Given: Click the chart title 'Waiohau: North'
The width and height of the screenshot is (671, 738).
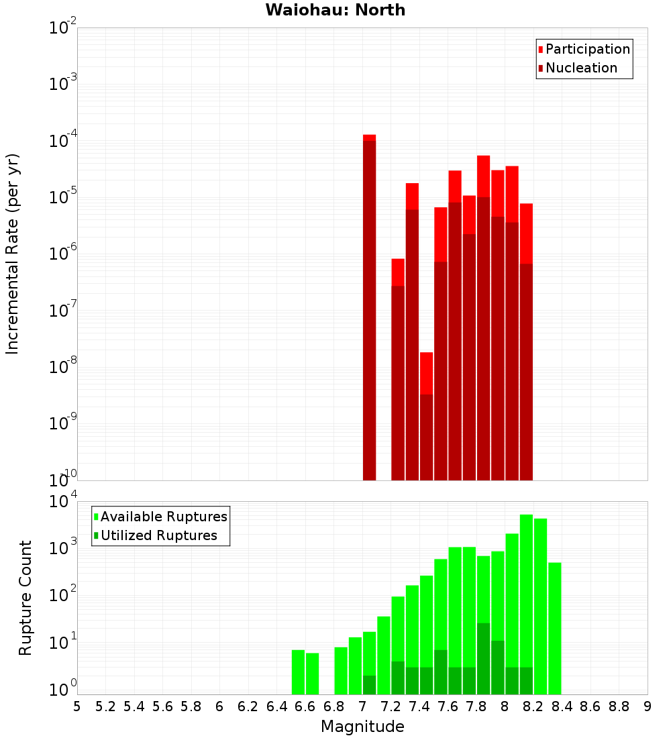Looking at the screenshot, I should coord(335,10).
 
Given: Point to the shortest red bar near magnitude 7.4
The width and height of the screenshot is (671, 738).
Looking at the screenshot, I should coord(426,416).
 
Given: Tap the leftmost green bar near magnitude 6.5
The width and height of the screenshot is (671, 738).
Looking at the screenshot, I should coord(298,671).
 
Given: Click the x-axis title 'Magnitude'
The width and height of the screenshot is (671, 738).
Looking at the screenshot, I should coord(362,727).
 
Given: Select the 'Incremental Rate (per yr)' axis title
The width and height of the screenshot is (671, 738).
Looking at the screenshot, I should coord(13,254).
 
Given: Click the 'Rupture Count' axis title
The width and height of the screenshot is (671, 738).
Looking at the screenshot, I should coord(25,597).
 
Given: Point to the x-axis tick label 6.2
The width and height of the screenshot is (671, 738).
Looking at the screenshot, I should coord(248,706).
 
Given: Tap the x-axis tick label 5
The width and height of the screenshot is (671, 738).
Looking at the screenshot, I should coord(77,706).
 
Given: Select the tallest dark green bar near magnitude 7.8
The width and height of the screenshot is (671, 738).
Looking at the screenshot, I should coord(483,657).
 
